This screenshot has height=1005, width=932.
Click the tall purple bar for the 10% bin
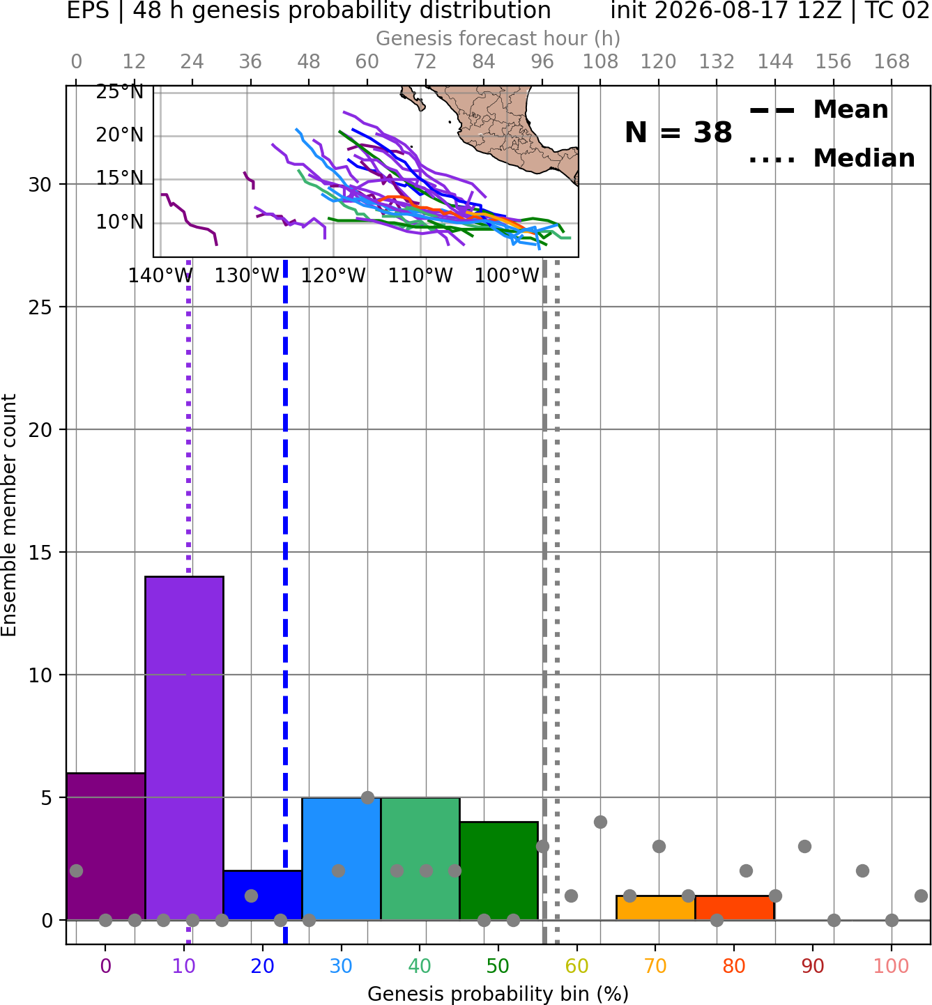pyautogui.click(x=184, y=748)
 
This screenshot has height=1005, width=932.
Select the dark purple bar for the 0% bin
pyautogui.click(x=106, y=846)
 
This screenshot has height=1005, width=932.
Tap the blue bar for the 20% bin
pyautogui.click(x=263, y=895)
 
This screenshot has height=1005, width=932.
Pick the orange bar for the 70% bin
pyautogui.click(x=655, y=908)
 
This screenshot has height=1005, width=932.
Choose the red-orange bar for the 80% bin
pyautogui.click(x=735, y=908)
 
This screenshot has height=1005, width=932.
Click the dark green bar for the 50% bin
pyautogui.click(x=498, y=871)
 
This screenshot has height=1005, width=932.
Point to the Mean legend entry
pyautogui.click(x=818, y=110)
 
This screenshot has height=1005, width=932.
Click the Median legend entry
pyautogui.click(x=832, y=158)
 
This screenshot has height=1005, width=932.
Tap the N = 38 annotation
pyautogui.click(x=678, y=132)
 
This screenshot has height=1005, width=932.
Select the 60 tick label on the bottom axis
pyautogui.click(x=577, y=967)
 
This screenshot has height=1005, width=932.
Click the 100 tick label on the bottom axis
pyautogui.click(x=892, y=967)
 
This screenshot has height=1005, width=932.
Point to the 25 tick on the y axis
pyautogui.click(x=40, y=307)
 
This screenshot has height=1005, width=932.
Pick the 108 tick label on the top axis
pyautogui.click(x=600, y=62)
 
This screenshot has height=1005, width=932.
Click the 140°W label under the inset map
pyautogui.click(x=160, y=276)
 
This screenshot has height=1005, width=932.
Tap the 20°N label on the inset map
pyautogui.click(x=120, y=135)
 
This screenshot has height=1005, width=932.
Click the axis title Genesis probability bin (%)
pyautogui.click(x=498, y=993)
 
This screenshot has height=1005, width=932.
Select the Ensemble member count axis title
pyautogui.click(x=9, y=515)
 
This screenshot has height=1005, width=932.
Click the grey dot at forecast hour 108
pyautogui.click(x=600, y=822)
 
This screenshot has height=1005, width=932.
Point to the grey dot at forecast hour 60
pyautogui.click(x=367, y=797)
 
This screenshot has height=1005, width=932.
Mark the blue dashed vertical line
pyautogui.click(x=286, y=602)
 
